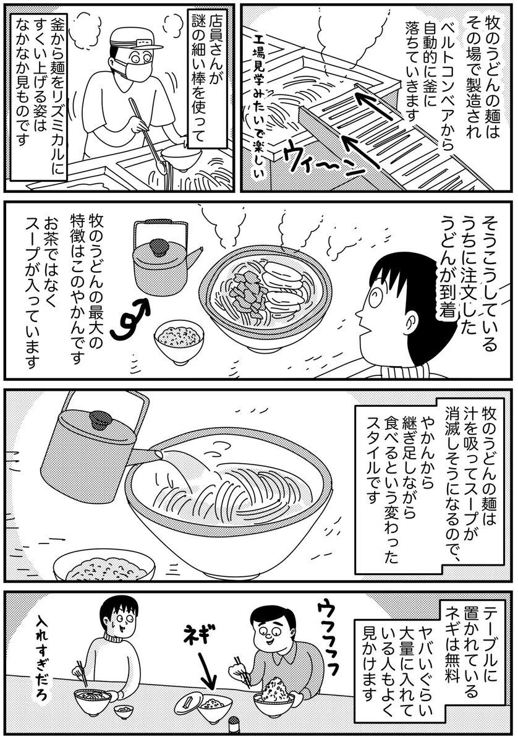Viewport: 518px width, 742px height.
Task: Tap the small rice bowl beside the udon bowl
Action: click(x=179, y=341)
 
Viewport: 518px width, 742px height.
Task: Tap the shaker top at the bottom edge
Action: click(x=234, y=718)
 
